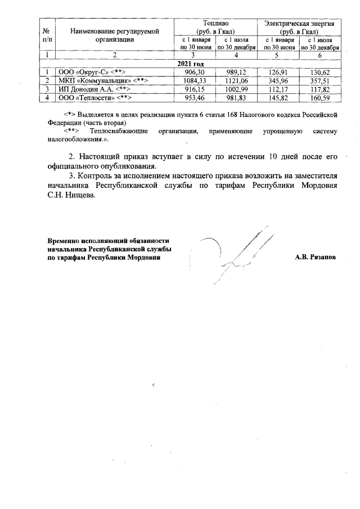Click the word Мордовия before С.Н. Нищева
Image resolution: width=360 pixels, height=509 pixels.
[x=318, y=185]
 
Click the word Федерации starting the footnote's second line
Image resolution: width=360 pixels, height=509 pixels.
[x=65, y=122]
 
